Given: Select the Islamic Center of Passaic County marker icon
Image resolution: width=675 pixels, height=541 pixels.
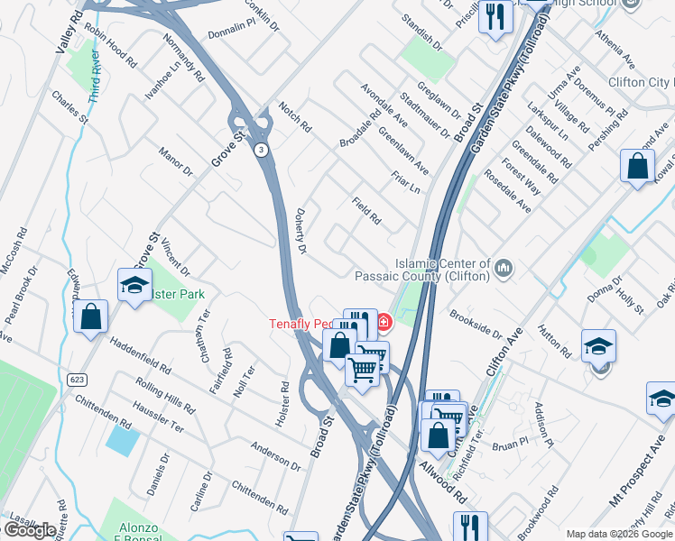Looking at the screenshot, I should click(504, 267).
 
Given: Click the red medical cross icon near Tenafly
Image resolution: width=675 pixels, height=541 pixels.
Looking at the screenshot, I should click(384, 321).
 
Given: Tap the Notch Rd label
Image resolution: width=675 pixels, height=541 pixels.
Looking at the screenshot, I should click(295, 115).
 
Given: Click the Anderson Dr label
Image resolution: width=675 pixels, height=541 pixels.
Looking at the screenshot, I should click(276, 454).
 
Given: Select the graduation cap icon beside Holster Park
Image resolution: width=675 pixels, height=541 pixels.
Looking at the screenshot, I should click(134, 286).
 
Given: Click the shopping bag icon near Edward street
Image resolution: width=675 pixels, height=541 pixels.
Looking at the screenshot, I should click(91, 316).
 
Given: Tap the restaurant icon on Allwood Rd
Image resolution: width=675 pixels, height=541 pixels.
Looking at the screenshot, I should click(469, 527).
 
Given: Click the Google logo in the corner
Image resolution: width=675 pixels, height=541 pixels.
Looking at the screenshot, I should click(31, 530).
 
